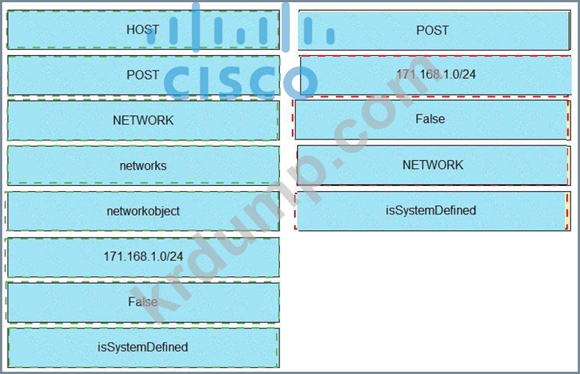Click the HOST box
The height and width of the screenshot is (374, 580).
click(143, 29)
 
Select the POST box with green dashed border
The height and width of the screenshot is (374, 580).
click(143, 75)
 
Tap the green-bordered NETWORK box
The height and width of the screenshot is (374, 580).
click(143, 120)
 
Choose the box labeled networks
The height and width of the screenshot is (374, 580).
click(143, 165)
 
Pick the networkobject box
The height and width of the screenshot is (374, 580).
click(143, 211)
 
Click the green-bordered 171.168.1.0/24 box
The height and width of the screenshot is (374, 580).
click(143, 257)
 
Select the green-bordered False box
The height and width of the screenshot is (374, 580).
click(143, 302)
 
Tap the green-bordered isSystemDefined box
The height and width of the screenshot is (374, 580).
click(143, 348)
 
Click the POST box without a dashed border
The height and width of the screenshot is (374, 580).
click(434, 30)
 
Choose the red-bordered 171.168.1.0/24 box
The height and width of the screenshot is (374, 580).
click(435, 75)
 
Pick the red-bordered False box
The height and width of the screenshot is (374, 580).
click(432, 120)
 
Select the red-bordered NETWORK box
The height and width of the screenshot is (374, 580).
click(434, 165)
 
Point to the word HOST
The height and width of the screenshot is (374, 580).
click(143, 29)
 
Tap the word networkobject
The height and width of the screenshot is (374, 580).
click(143, 211)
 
